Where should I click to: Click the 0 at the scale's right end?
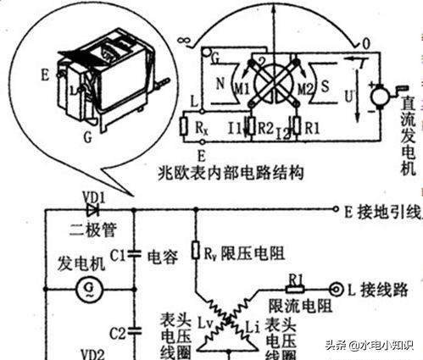[366, 41]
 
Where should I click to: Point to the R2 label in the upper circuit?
[264, 129]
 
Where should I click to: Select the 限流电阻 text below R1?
[294, 304]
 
